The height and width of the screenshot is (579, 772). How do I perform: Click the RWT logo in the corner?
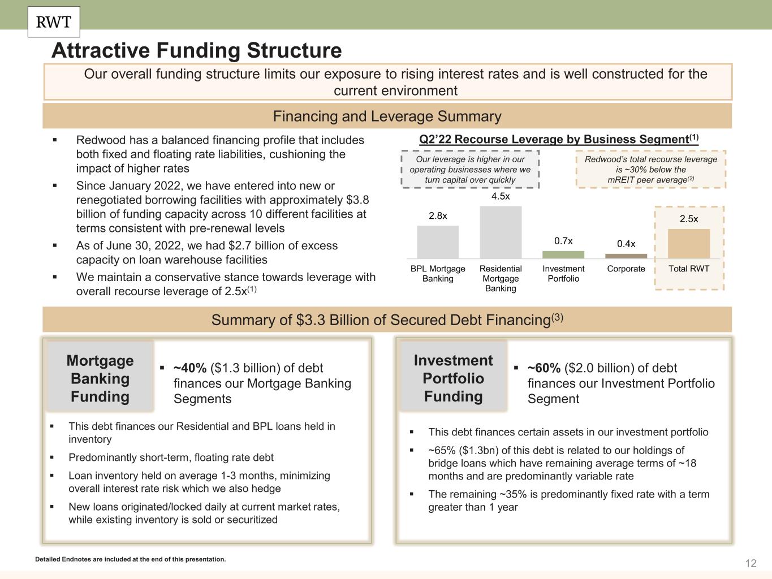(54, 22)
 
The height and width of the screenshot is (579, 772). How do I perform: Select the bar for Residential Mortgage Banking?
(501, 232)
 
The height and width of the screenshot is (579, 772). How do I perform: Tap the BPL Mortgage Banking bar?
(438, 242)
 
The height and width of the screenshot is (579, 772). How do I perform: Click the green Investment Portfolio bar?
(563, 254)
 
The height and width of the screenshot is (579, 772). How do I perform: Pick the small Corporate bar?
(626, 256)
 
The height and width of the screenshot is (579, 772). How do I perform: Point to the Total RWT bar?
(689, 244)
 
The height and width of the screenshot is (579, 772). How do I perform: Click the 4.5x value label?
(501, 196)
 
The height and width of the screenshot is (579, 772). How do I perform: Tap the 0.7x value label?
(563, 241)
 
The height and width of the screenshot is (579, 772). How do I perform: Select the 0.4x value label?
(626, 244)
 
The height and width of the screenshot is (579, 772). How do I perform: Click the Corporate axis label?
(626, 269)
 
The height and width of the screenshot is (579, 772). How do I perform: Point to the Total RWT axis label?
(689, 269)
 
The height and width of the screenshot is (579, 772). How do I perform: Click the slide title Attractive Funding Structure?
(197, 50)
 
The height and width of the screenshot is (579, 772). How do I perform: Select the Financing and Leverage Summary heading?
(387, 116)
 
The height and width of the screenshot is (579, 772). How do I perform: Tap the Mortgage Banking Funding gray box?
(100, 378)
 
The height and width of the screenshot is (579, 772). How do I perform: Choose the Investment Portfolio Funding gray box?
(453, 378)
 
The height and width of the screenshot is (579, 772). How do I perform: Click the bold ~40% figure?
(190, 368)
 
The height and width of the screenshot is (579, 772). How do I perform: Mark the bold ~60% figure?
(544, 368)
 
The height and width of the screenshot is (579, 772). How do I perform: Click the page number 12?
(751, 563)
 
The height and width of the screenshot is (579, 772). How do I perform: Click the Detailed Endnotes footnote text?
(130, 559)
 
